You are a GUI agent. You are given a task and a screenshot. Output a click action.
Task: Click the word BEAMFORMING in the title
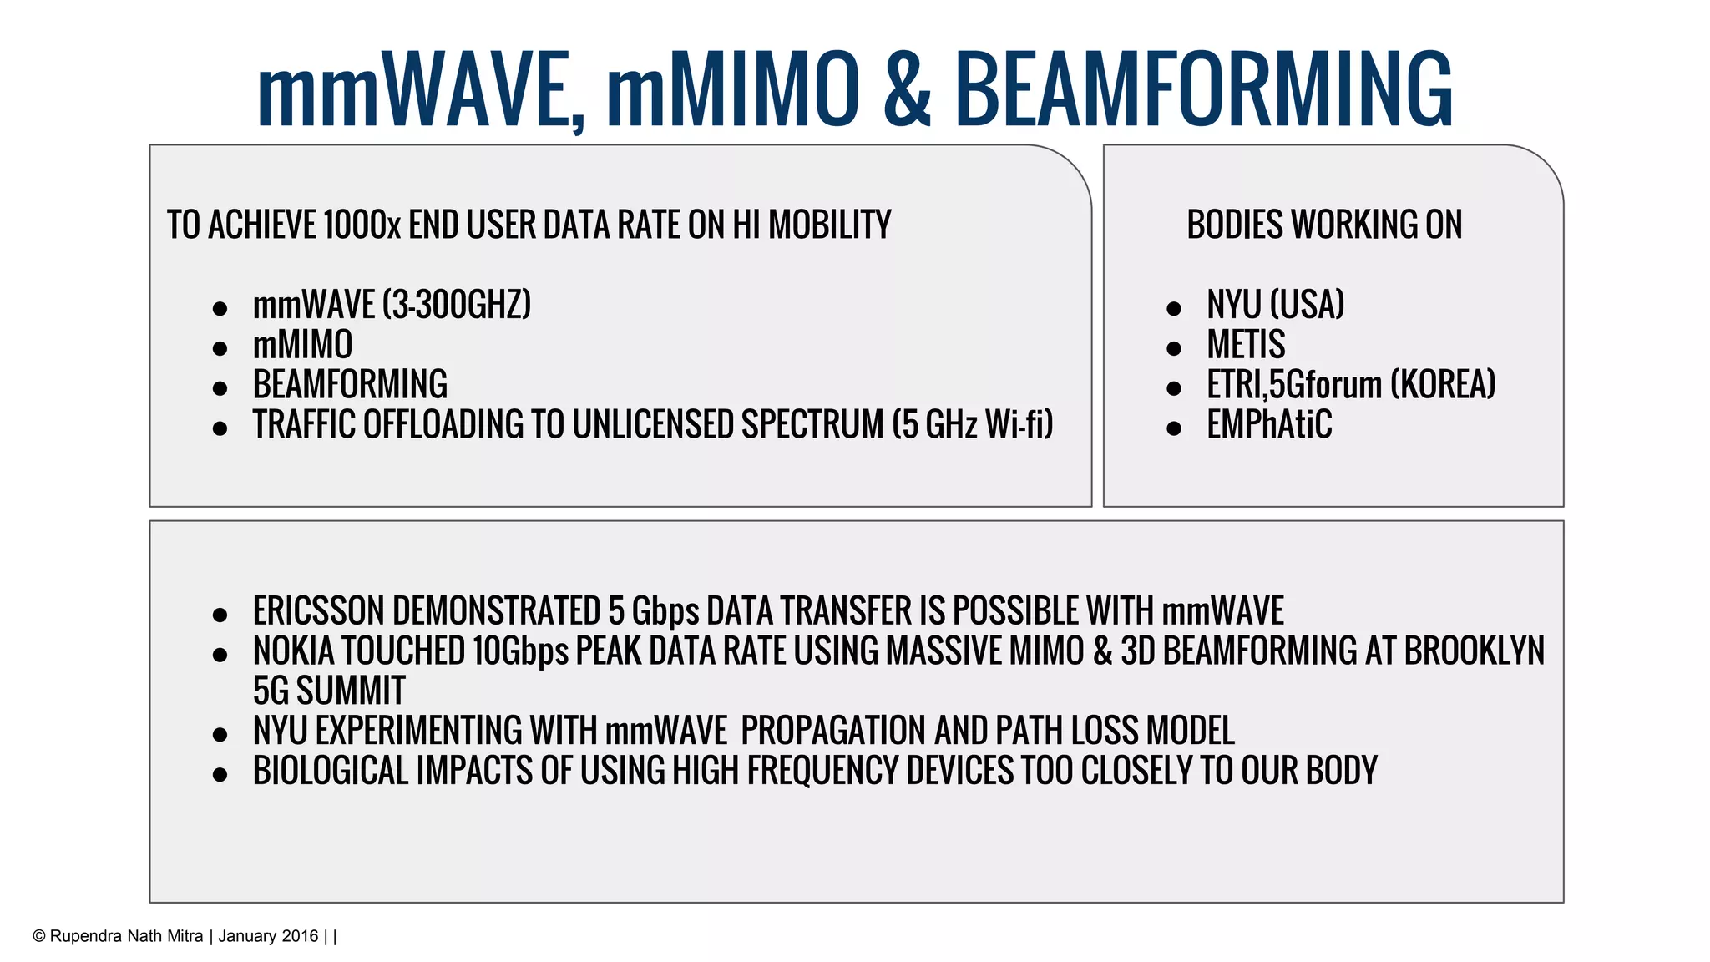(1203, 89)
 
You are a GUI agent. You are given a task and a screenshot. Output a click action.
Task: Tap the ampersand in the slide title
(906, 89)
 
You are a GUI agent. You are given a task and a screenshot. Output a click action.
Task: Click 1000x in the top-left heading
(361, 225)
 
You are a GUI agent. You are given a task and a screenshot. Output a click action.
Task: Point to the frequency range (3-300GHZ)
(457, 304)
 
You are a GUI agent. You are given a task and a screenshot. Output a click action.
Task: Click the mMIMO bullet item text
(302, 344)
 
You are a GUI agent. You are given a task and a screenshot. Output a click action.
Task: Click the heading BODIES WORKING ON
(1324, 225)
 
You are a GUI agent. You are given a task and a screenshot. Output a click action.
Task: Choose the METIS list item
(1246, 344)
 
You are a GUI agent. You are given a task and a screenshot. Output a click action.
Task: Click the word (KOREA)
(1443, 384)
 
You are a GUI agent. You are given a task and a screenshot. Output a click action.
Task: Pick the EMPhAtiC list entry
(1269, 424)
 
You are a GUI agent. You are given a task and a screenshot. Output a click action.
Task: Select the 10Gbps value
(520, 651)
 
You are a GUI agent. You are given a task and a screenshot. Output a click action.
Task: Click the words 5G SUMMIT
(329, 691)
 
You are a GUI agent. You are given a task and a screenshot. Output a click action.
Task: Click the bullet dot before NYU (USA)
(1174, 309)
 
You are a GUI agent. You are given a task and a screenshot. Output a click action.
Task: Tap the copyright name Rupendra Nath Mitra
(126, 936)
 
